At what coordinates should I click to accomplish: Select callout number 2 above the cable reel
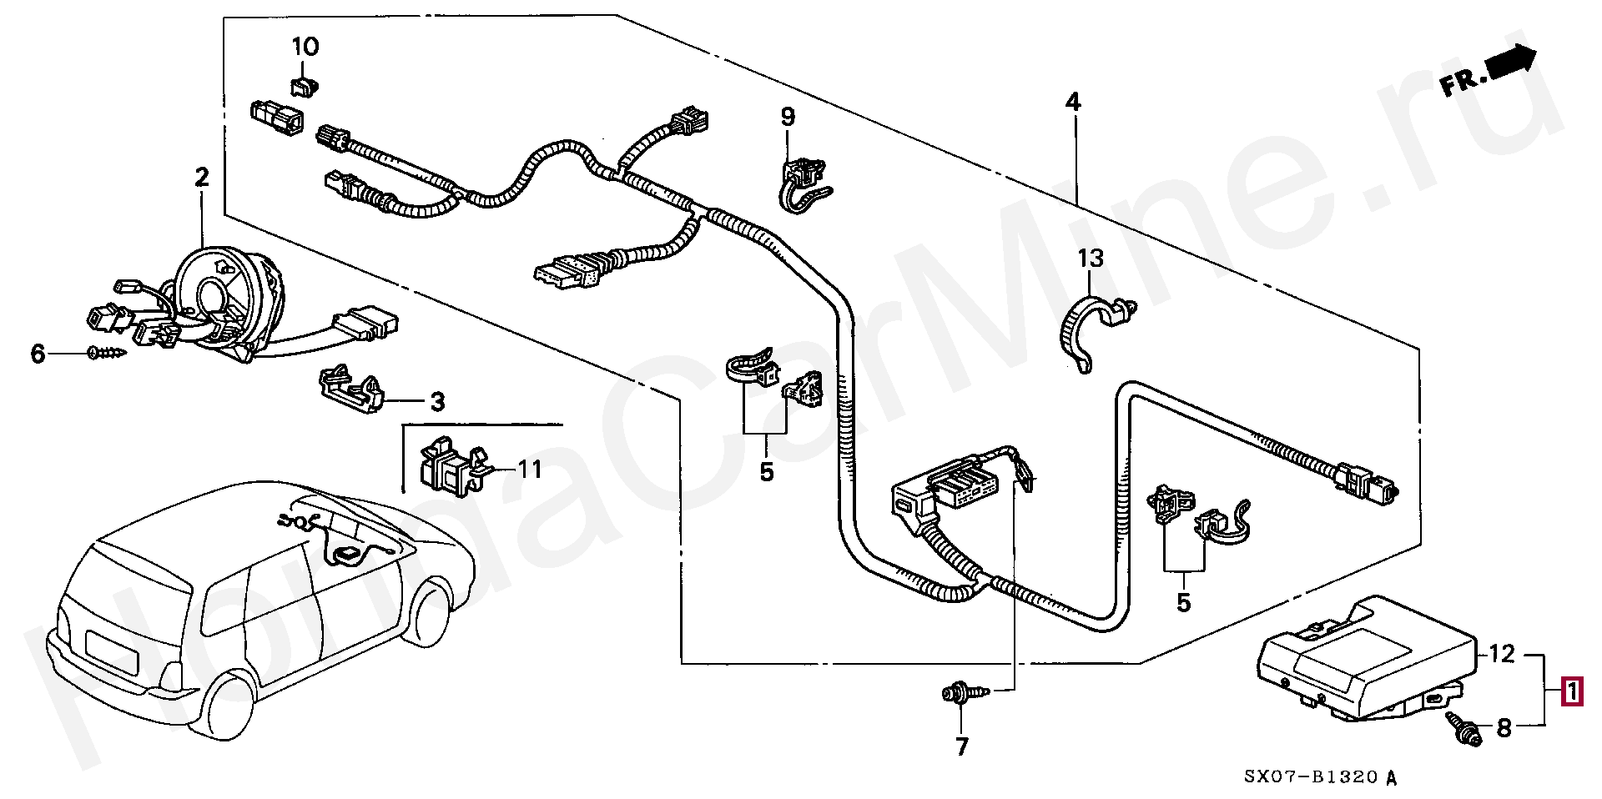pos(201,178)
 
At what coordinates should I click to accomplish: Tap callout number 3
pos(437,402)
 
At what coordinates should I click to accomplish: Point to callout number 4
pos(1073,103)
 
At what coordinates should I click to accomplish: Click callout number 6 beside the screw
pos(38,354)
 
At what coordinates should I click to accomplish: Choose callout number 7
pos(962,746)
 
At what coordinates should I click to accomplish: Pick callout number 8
pos(1504,728)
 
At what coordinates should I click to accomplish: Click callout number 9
pos(788,118)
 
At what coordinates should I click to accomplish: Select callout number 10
pos(305,47)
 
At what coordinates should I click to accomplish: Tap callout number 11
pos(530,470)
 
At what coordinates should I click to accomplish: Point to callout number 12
pos(1502,654)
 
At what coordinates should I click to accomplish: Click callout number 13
pos(1091,259)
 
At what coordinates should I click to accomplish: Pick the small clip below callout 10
pos(305,85)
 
